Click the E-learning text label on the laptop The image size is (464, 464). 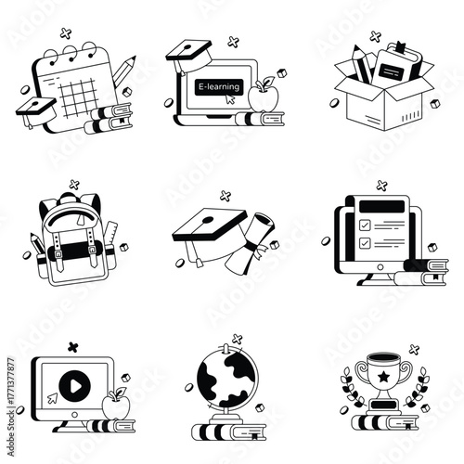[218, 86]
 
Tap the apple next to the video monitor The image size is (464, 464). [117, 405]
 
